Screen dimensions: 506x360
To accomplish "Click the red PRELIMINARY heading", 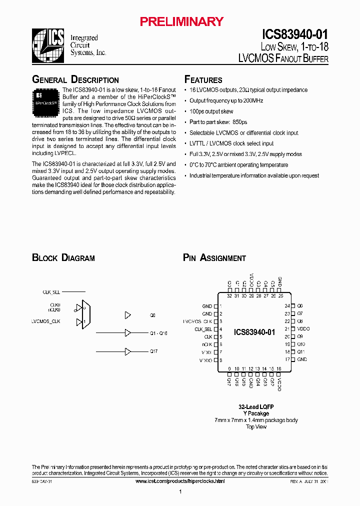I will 181,21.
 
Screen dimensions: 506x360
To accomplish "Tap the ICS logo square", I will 48,44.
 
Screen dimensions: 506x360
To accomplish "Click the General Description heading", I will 75,79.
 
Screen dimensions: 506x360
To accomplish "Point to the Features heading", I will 203,79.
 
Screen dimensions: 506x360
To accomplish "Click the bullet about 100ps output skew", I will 211,111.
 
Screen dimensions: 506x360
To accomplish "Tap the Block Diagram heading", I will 63,258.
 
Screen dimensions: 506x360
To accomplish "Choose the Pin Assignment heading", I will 214,258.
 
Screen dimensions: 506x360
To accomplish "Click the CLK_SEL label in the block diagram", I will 51,291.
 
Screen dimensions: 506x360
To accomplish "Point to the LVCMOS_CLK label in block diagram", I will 46,321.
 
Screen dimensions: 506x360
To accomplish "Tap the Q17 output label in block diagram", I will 154,351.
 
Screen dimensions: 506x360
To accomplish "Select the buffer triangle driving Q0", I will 127,315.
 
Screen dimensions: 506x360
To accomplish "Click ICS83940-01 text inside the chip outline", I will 254,332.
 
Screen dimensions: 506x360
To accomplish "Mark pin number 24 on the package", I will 287,305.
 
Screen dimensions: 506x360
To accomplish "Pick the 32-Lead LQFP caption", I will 256,406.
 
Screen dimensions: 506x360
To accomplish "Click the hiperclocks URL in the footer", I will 180,481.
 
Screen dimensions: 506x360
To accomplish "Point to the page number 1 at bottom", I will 180,492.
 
